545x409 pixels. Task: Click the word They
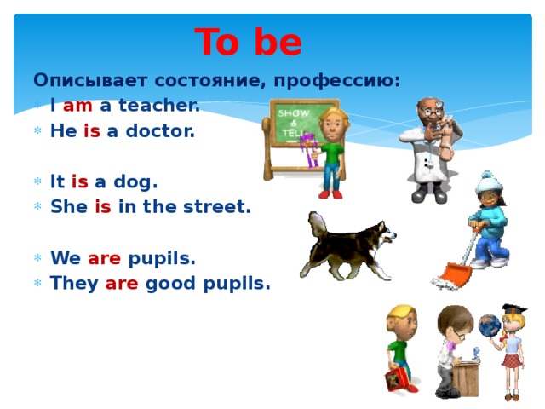[72, 283]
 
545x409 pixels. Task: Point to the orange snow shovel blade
[452, 276]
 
